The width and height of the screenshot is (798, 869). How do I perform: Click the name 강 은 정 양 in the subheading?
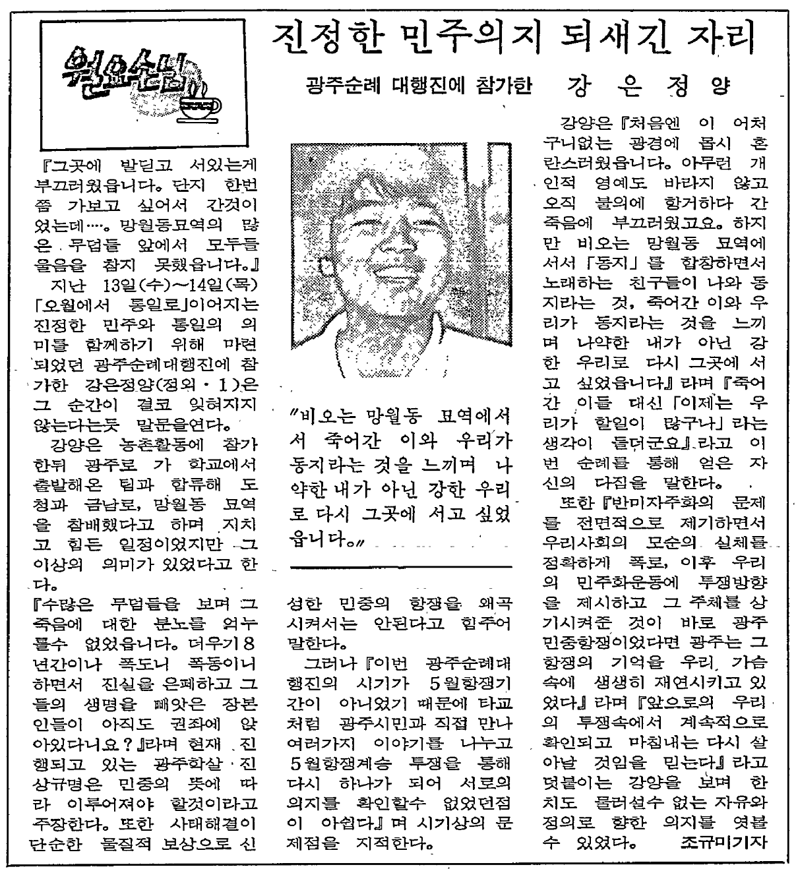pos(650,86)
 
